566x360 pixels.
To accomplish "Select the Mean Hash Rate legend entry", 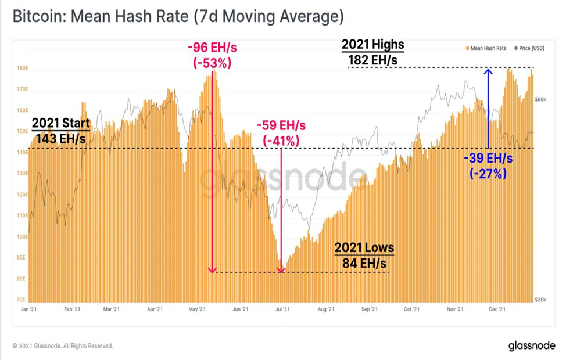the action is [486, 48].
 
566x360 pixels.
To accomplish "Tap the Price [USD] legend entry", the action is [529, 48].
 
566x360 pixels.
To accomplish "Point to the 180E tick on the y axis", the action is [22, 68].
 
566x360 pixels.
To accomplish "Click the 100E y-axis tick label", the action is [22, 237].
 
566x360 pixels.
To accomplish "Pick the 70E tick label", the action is [21, 300].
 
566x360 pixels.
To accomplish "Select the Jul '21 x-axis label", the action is [282, 309].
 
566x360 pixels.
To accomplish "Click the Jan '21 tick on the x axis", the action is [29, 309].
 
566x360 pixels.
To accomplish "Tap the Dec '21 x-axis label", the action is [497, 309].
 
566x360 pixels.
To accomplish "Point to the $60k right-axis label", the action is [540, 99].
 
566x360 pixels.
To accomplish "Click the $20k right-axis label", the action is [540, 300].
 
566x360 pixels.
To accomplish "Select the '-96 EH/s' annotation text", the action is [212, 47].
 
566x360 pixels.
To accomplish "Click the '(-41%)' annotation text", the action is [281, 141].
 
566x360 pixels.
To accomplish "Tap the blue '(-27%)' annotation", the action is [488, 174].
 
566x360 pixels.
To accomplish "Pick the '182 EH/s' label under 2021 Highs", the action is [373, 60].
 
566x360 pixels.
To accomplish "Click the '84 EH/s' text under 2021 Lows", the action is [364, 263].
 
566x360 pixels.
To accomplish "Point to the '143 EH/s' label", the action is [60, 138].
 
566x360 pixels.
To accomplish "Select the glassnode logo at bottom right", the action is [532, 345].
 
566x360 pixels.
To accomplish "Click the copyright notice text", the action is [63, 346].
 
